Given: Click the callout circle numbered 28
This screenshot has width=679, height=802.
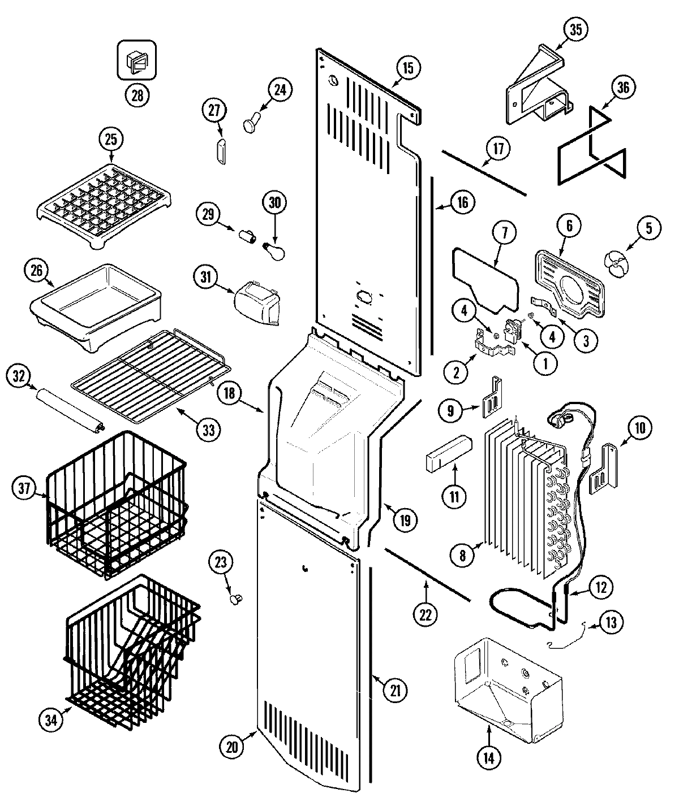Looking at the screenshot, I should (136, 95).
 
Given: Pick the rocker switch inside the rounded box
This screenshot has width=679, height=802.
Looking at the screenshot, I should (136, 59).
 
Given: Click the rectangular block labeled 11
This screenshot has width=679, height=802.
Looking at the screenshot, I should (448, 452).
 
